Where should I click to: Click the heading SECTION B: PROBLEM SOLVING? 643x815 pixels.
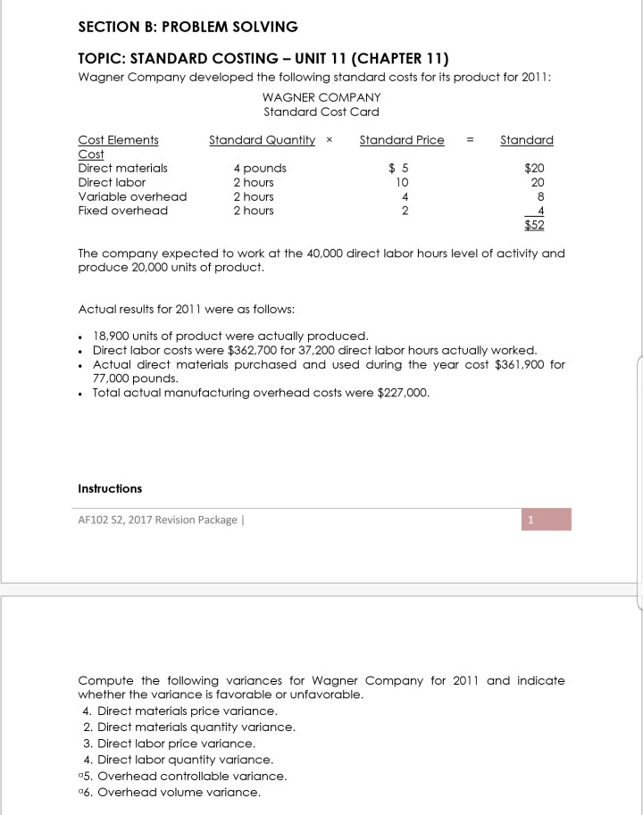click(x=188, y=27)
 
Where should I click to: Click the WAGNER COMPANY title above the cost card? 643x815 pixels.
click(x=321, y=97)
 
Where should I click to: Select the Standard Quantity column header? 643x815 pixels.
click(x=262, y=140)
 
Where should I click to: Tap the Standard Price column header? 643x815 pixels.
click(x=401, y=140)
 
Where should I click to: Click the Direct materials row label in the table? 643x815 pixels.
click(x=122, y=168)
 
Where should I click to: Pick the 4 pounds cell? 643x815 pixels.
click(x=260, y=168)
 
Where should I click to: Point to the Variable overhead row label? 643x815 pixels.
click(x=132, y=196)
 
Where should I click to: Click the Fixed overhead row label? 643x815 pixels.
click(x=122, y=211)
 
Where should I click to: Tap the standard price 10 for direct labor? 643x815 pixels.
click(x=401, y=182)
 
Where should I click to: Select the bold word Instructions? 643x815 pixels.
click(x=110, y=488)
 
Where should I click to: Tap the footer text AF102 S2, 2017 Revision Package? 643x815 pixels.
click(x=158, y=520)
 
